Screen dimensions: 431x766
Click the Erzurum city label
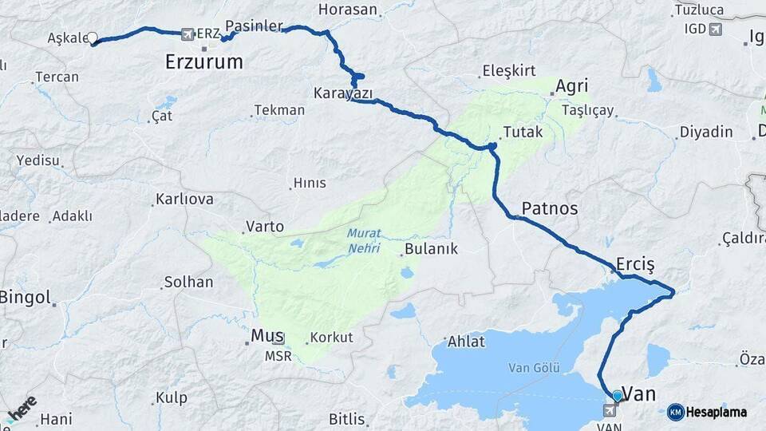coord(203,61)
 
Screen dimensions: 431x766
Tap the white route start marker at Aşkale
coord(93,38)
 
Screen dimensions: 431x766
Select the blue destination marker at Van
coord(617,395)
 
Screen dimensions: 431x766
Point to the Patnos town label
coord(549,208)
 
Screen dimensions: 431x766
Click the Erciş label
coord(635,264)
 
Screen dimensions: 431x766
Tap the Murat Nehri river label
coord(364,241)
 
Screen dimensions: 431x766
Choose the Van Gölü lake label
coord(534,368)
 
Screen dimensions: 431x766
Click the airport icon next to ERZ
coord(188,34)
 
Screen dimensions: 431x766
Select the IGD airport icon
coord(714,30)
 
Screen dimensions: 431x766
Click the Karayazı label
coord(343,93)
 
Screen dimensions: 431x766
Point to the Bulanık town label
coord(431,249)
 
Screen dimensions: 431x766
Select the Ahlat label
coord(467,342)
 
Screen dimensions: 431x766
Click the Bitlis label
coord(346,419)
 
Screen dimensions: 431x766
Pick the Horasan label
coord(347,10)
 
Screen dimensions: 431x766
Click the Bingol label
coord(25,298)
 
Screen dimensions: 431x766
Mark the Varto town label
coord(265,227)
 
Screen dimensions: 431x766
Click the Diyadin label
coord(705,132)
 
